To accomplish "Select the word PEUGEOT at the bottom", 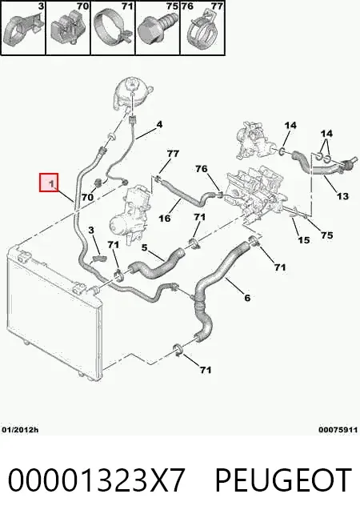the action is point(283,480).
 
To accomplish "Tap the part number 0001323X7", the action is point(96,480).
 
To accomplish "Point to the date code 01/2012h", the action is point(20,430).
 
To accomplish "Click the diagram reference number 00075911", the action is point(338,430).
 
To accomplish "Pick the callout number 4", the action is point(160,125).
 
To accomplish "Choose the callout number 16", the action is point(164,219).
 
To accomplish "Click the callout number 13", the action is point(342,195).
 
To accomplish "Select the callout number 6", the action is point(247,297).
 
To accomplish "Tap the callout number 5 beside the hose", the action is point(144,247).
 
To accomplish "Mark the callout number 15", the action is point(303,239).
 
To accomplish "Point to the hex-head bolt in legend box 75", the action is point(155,30).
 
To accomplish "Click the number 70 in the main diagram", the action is point(87,197).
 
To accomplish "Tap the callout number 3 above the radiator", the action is point(91,230).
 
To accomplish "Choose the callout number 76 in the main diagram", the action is point(202,169).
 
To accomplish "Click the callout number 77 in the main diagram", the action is point(173,154).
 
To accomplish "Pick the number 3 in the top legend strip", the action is point(41,6).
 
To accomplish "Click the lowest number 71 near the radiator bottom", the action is point(206,370).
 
